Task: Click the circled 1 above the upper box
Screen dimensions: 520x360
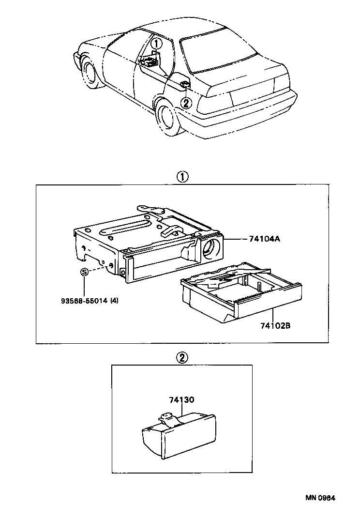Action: tap(181, 177)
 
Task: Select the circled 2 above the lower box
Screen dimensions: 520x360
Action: tap(181, 358)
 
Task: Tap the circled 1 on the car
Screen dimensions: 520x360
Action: tap(155, 44)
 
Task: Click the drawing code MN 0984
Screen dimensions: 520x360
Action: tap(320, 497)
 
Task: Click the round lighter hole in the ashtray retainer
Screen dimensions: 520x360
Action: tap(211, 247)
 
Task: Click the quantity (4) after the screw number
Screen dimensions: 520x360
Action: tap(114, 300)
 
